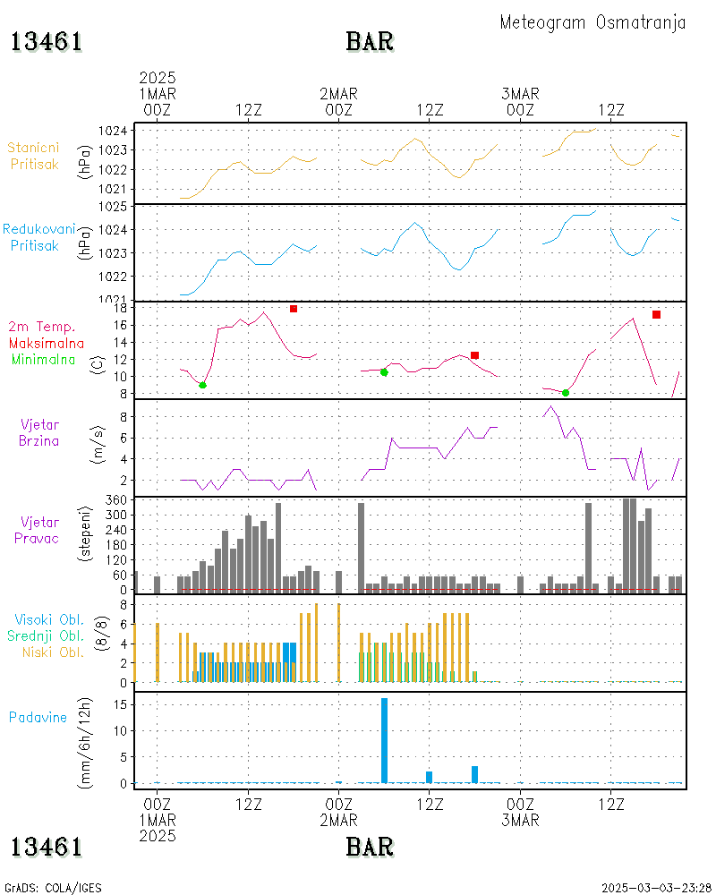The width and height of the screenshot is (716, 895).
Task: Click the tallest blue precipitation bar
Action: [384, 740]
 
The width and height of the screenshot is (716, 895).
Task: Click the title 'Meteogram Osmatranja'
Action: [592, 23]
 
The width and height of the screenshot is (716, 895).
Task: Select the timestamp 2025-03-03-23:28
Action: [656, 888]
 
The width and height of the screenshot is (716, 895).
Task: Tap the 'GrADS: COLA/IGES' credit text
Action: [53, 888]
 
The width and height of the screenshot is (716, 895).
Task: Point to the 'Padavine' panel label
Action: [38, 718]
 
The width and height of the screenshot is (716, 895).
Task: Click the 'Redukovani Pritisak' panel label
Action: [38, 237]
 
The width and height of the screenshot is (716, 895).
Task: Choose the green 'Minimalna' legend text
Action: [43, 360]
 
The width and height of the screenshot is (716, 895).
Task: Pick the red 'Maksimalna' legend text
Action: [47, 344]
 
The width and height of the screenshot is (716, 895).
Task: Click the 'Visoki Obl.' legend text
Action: [49, 620]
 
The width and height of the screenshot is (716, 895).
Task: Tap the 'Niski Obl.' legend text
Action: [53, 652]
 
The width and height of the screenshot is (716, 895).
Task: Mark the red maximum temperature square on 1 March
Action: [294, 309]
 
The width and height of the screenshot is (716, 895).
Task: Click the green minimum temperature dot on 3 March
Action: [566, 393]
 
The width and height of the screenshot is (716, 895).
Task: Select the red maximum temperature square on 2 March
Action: [474, 355]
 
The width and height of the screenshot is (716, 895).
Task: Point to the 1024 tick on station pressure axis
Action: [113, 131]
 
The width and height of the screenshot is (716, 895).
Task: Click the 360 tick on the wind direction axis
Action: [116, 500]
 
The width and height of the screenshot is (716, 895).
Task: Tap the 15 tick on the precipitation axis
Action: [121, 704]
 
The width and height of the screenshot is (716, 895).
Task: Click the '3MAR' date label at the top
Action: [520, 94]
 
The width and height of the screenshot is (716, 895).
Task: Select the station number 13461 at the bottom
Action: [47, 847]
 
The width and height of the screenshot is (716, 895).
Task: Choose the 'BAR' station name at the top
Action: [370, 42]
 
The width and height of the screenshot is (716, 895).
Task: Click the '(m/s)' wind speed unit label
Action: [98, 445]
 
